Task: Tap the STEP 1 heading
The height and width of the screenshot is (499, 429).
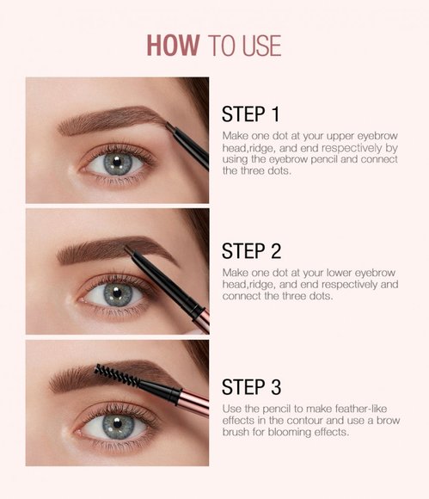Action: (251, 114)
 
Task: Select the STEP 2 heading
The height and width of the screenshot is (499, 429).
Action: (251, 250)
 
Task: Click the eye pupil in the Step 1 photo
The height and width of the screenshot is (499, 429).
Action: (118, 162)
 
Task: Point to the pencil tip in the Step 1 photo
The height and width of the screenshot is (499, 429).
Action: (169, 127)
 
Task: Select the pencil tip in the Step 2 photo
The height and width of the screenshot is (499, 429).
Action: (128, 250)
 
